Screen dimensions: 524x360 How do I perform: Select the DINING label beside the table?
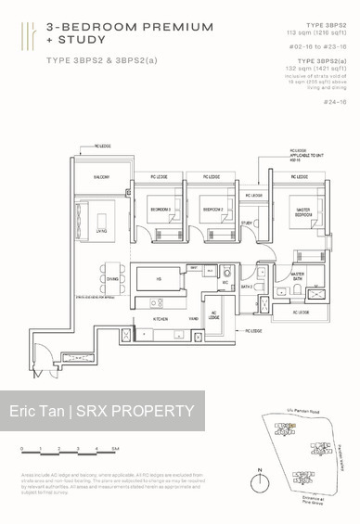[112, 278]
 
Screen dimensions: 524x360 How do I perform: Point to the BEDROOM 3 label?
[161, 209]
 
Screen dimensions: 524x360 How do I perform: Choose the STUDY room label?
[247, 224]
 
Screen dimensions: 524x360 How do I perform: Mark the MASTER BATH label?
[298, 276]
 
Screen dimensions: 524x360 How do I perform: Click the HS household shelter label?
[159, 278]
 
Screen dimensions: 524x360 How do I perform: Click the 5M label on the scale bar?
[114, 448]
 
